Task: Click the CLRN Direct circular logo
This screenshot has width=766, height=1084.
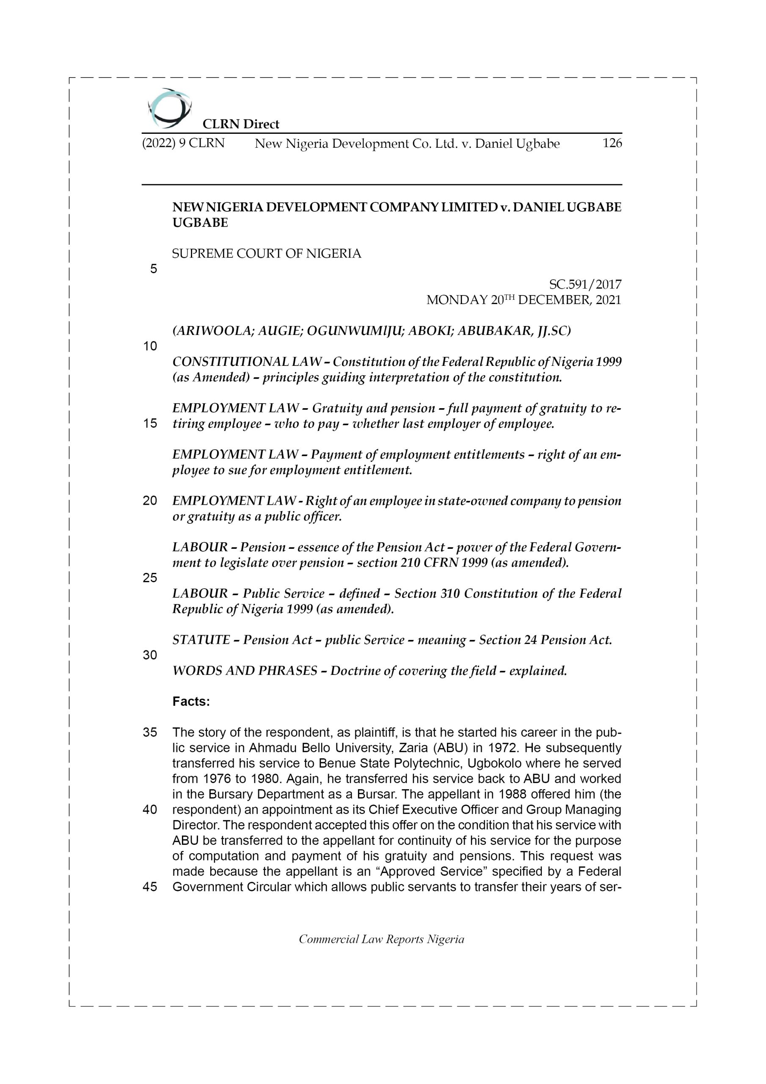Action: [169, 108]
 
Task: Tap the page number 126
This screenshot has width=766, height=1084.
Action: [612, 143]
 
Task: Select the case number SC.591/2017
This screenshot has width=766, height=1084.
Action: [585, 284]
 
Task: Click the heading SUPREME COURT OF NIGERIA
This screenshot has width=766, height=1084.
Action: [267, 254]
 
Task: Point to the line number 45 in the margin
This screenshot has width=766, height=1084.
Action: [150, 887]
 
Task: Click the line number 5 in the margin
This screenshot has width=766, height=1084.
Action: [153, 269]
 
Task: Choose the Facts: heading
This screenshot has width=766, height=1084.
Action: [191, 702]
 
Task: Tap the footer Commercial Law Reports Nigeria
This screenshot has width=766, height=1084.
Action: [381, 939]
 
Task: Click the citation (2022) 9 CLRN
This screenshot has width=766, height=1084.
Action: [183, 143]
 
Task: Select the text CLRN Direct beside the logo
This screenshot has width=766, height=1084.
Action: [241, 124]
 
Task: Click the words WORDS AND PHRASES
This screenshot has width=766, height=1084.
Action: [245, 670]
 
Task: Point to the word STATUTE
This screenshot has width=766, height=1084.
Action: [201, 640]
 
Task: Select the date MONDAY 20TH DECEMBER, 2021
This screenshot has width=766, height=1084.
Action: [524, 300]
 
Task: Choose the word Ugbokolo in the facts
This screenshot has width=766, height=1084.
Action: [496, 763]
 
